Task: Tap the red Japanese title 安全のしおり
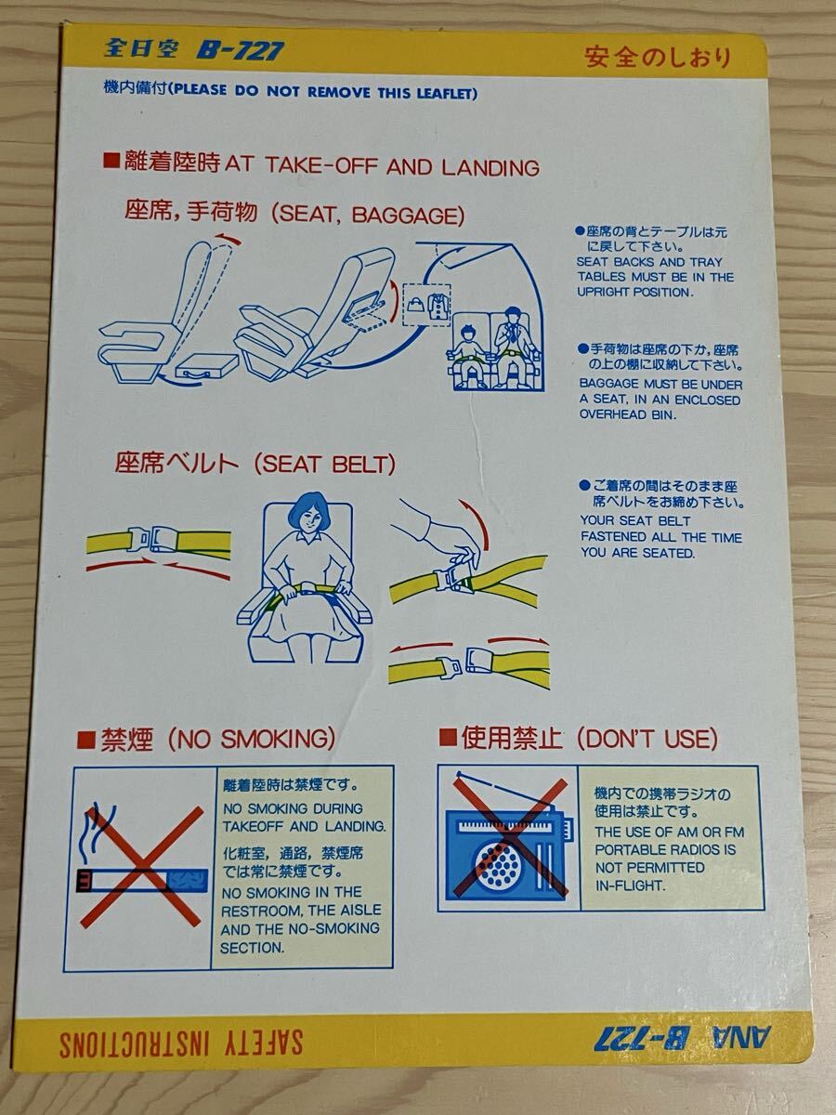658,57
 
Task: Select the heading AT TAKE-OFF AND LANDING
382,167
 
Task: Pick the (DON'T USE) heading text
647,740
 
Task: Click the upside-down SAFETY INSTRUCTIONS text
181,1043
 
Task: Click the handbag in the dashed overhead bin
415,301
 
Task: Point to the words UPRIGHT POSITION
634,292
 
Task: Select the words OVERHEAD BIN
628,414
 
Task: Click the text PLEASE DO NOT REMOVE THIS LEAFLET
325,92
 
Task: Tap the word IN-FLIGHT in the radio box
631,885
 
